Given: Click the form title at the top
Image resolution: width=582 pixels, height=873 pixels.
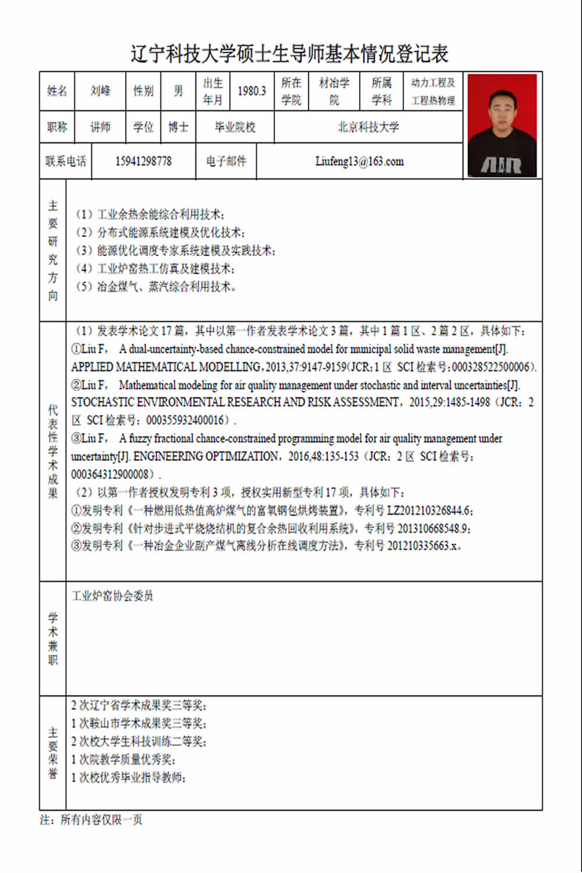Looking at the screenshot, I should [x=289, y=54].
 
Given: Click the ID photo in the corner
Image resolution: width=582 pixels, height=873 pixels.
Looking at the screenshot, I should [x=502, y=125].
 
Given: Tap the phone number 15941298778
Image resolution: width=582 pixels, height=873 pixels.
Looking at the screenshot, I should [x=143, y=161].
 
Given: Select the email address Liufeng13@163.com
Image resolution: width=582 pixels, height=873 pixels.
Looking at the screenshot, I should [x=359, y=161].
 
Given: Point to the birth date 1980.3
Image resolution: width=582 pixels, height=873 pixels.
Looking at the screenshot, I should [x=251, y=91].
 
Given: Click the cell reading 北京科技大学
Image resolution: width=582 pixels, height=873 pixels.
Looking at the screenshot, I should [x=368, y=127].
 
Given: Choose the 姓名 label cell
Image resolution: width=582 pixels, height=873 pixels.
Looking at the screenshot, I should [x=57, y=91].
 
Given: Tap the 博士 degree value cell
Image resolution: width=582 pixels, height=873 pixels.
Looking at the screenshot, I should [x=178, y=127].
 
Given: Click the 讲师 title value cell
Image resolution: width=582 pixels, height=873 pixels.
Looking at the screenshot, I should [x=100, y=127].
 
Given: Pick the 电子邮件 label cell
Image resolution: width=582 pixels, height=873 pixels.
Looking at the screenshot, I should [x=226, y=161].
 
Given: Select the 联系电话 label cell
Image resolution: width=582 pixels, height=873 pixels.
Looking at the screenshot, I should [x=66, y=161].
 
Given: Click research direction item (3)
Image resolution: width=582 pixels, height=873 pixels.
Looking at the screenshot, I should [x=175, y=251].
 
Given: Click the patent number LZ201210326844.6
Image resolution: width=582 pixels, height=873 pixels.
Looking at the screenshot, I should [x=430, y=511].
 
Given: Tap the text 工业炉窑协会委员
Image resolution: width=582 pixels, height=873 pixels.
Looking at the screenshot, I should [x=112, y=596].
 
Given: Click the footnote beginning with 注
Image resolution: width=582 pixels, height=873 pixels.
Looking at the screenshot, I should [x=91, y=820].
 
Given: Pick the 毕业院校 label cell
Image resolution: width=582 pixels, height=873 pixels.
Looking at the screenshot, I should [x=235, y=127].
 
